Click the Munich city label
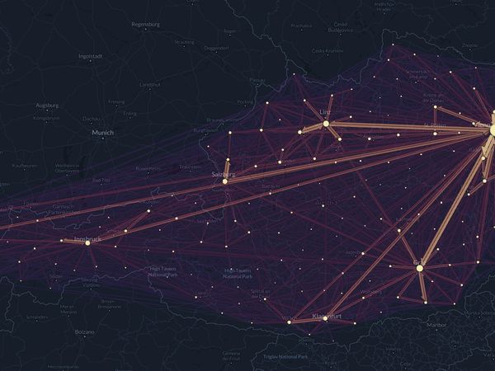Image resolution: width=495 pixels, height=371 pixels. [103, 132]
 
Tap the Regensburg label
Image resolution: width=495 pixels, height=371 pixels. [144, 25]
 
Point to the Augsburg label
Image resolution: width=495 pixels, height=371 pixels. [47, 106]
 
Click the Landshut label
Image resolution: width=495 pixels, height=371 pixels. [150, 84]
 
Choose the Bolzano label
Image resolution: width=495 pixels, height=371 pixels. [85, 331]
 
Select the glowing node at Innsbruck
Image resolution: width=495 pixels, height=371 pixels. [87, 242]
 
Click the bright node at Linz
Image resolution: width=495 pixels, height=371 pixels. [326, 124]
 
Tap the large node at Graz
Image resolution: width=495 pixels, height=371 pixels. [419, 268]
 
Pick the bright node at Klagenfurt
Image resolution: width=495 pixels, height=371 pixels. [325, 318]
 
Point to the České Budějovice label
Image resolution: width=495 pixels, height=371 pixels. [318, 28]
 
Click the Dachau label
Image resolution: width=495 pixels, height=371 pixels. [92, 119]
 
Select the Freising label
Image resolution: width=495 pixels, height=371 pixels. [116, 102]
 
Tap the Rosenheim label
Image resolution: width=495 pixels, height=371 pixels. [149, 168]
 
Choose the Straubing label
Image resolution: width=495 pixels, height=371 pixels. [185, 41]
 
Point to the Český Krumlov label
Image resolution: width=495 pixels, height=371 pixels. [326, 51]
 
